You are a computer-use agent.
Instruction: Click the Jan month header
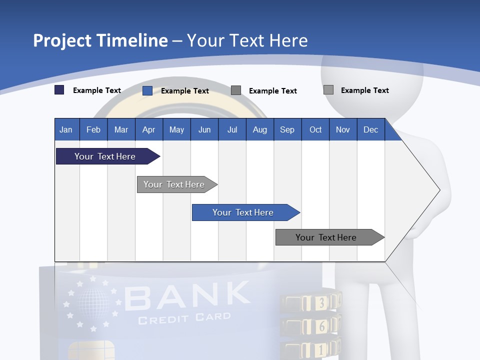66,129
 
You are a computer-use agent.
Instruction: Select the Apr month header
149,129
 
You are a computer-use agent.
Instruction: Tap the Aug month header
260,129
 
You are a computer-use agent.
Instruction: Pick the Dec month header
371,129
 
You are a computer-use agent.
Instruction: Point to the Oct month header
315,129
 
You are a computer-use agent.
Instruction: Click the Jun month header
204,129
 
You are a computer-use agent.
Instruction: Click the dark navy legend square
59,90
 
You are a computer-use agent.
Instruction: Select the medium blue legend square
147,90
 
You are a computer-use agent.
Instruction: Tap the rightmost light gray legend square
328,90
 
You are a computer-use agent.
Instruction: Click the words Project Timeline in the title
100,40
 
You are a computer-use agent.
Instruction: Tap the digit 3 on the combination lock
321,302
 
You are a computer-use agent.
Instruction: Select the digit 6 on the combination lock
321,326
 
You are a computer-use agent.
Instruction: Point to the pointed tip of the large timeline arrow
439,190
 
